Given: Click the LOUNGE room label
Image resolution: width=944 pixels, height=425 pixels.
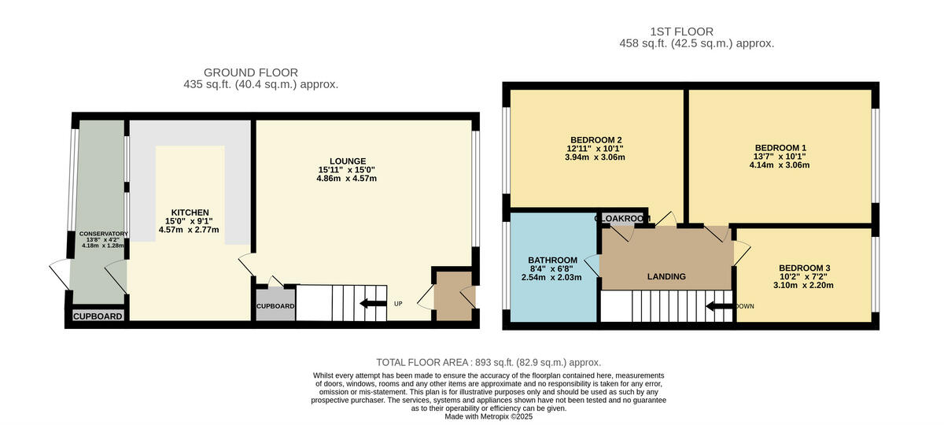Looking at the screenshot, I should [x=348, y=161].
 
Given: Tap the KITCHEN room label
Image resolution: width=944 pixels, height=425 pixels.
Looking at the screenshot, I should [x=190, y=213].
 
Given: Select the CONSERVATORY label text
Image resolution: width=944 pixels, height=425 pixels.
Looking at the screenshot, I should [x=98, y=234].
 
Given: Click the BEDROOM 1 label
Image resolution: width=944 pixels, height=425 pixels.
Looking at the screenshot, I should [x=780, y=148].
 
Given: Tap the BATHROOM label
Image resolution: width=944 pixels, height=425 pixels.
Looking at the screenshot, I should [x=552, y=261].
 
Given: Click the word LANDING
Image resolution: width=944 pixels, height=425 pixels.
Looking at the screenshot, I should [x=666, y=277].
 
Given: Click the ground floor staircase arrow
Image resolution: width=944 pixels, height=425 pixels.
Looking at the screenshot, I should [x=373, y=304].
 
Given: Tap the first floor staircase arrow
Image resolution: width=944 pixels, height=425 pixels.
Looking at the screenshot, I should [x=719, y=306].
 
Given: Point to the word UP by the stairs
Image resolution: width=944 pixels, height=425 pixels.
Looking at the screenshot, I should [x=398, y=304].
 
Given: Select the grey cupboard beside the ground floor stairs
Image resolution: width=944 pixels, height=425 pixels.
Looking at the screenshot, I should [x=275, y=306].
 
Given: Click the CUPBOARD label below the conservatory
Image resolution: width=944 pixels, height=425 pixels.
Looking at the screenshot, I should [x=98, y=317].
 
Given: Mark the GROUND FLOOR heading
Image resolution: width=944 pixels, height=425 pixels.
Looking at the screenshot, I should [x=251, y=72].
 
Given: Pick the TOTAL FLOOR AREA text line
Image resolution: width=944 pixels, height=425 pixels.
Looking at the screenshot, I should [x=488, y=362].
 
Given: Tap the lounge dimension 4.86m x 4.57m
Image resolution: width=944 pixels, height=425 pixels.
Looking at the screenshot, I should [x=348, y=179].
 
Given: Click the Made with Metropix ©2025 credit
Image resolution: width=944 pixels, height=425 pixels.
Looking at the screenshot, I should [x=489, y=416].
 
